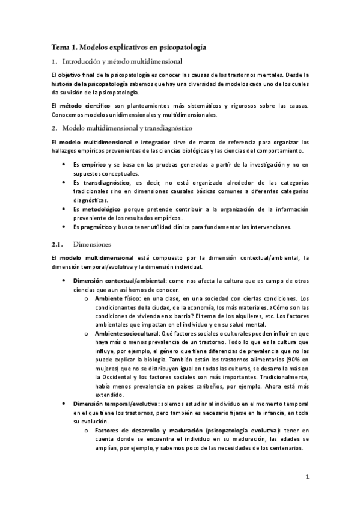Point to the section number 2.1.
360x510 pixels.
[58, 245]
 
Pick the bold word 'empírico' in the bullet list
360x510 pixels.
[97, 164]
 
